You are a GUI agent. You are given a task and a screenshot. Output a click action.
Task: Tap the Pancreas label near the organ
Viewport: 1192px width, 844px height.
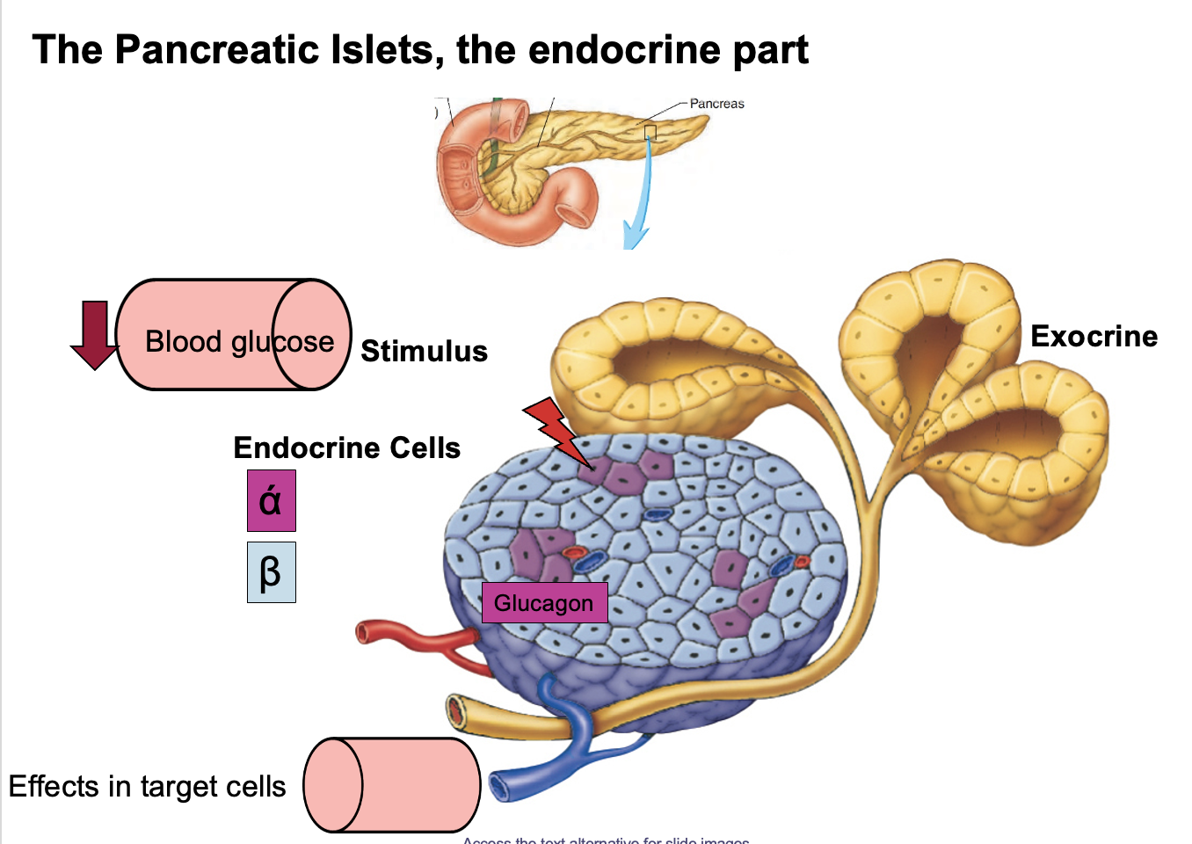(x=716, y=104)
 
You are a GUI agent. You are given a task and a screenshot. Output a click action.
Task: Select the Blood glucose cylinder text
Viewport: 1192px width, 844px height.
(x=239, y=341)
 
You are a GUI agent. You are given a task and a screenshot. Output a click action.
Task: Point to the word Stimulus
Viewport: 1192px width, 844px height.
(x=424, y=352)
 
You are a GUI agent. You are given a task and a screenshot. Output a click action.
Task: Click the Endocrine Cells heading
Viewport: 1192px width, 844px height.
(x=346, y=448)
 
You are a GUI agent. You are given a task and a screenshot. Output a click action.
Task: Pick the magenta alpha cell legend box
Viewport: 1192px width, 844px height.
(x=271, y=501)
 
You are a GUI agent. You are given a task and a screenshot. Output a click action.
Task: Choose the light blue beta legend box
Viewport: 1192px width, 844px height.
(x=271, y=572)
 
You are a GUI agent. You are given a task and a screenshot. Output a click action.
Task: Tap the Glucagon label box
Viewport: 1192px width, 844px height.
(x=544, y=603)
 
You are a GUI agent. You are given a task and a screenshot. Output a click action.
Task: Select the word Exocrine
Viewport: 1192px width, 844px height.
(x=1094, y=337)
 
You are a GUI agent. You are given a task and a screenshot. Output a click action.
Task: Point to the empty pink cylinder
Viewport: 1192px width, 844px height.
(x=392, y=785)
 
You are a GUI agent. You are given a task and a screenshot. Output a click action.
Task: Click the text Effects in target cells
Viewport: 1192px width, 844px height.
(x=147, y=786)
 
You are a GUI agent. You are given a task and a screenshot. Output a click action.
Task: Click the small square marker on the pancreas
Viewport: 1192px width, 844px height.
(x=651, y=133)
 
